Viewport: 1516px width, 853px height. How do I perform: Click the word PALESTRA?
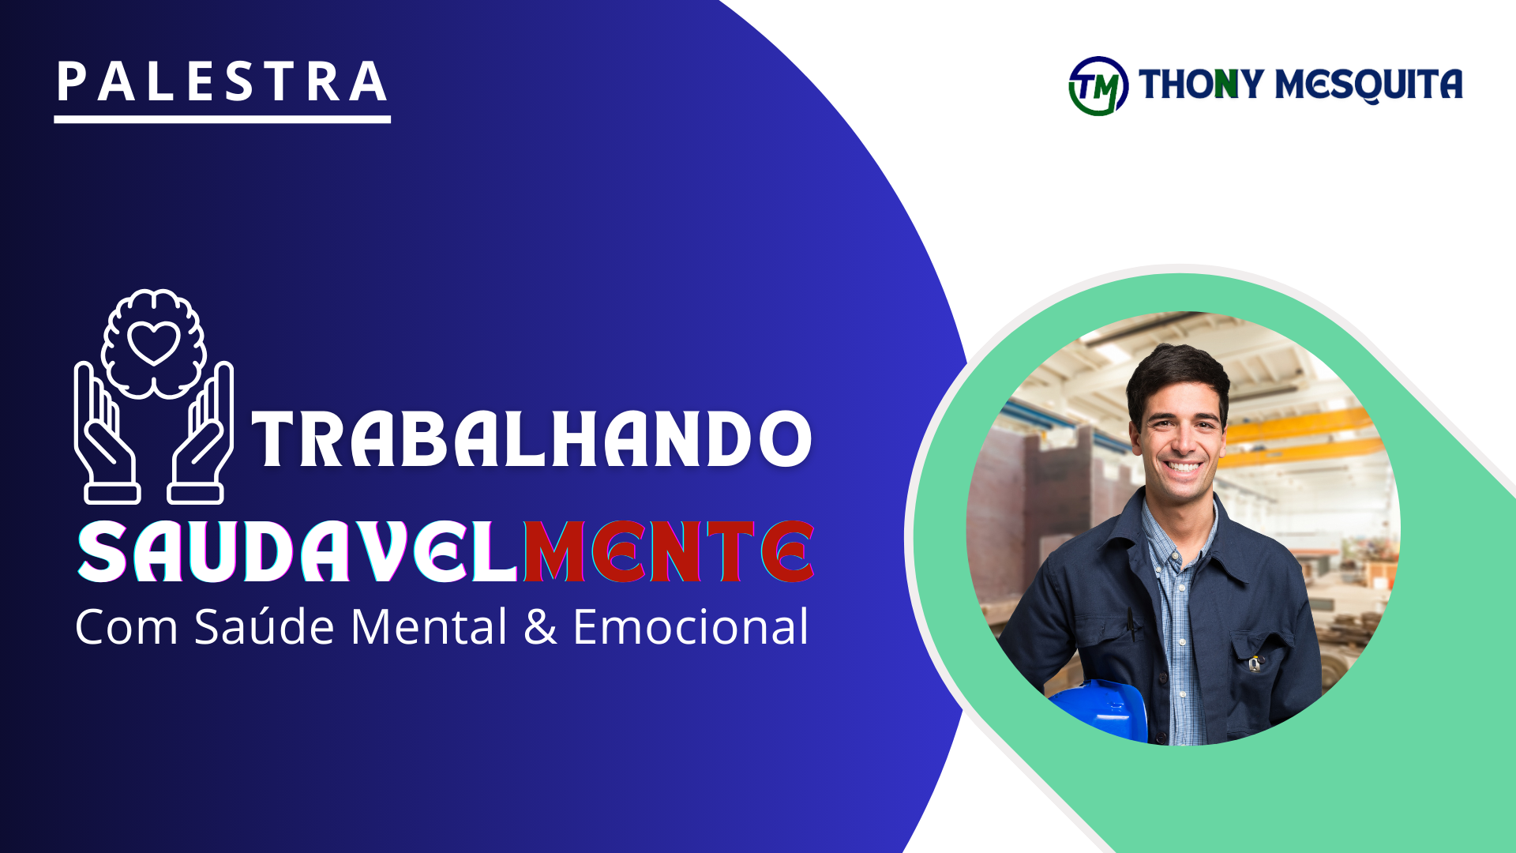[x=222, y=82]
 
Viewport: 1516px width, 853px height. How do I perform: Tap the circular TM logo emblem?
[x=1098, y=85]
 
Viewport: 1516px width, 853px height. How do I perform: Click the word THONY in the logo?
[x=1201, y=84]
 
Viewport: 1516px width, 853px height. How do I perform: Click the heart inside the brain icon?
[x=154, y=342]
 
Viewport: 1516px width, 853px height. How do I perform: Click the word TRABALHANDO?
[x=531, y=438]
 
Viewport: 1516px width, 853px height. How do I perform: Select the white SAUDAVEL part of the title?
[x=298, y=552]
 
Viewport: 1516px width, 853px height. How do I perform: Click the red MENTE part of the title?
[x=668, y=552]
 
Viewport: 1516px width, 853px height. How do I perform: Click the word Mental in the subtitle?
[x=429, y=627]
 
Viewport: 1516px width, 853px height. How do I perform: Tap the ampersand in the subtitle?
[x=540, y=628]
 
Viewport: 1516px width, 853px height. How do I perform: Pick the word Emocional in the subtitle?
[x=691, y=627]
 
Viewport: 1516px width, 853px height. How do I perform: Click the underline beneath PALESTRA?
[x=222, y=119]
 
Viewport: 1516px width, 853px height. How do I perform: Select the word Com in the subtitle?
[x=126, y=628]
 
